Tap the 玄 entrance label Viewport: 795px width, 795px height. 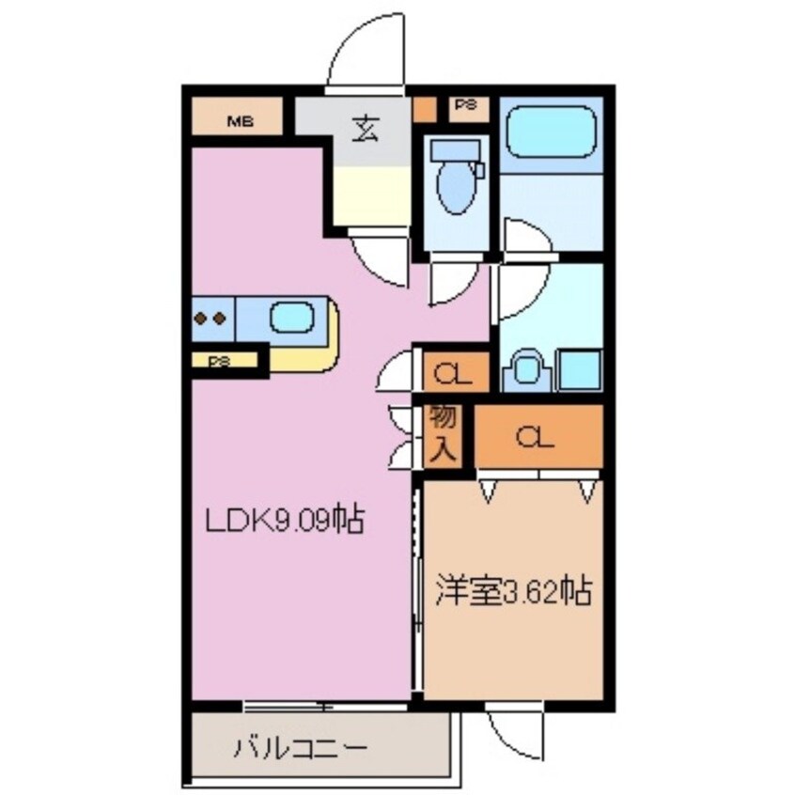tap(365, 129)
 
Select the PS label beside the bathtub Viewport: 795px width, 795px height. tap(465, 105)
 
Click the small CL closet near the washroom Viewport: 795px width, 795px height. tap(453, 374)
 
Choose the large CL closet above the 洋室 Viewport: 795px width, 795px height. tap(538, 437)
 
